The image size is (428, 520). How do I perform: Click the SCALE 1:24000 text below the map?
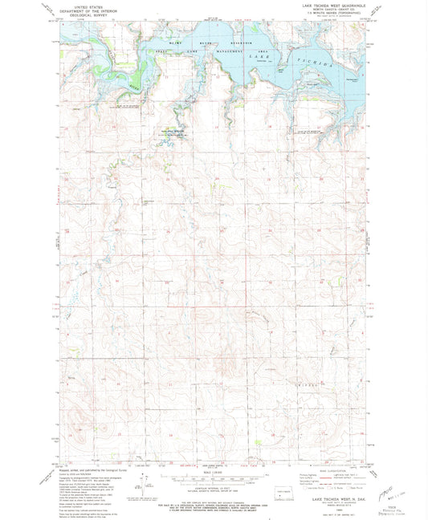point(213,473)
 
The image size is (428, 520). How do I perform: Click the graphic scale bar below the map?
point(213,480)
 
